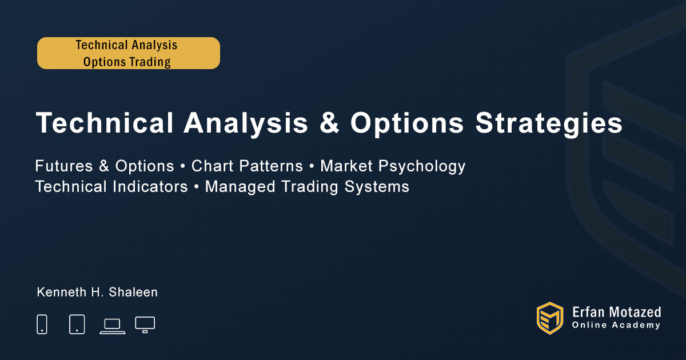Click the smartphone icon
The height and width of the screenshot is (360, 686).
[42, 324]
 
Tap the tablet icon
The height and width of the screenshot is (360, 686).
[77, 324]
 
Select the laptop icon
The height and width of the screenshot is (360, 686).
[113, 327]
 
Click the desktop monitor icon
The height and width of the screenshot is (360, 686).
[145, 325]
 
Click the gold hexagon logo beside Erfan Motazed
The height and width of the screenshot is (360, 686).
[550, 318]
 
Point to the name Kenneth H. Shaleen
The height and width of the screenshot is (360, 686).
[97, 292]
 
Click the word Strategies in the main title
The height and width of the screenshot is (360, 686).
[549, 123]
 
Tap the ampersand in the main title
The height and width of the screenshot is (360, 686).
[329, 122]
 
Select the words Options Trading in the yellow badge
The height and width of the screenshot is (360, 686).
[127, 62]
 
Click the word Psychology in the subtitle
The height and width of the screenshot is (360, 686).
[422, 166]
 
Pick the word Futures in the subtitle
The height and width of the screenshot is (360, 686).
[63, 166]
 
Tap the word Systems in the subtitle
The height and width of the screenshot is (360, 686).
[377, 187]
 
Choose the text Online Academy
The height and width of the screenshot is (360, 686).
[616, 325]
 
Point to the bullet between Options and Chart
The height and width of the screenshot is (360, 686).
[183, 167]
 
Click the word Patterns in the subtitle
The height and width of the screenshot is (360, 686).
[271, 166]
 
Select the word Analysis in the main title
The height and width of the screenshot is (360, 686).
[246, 123]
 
